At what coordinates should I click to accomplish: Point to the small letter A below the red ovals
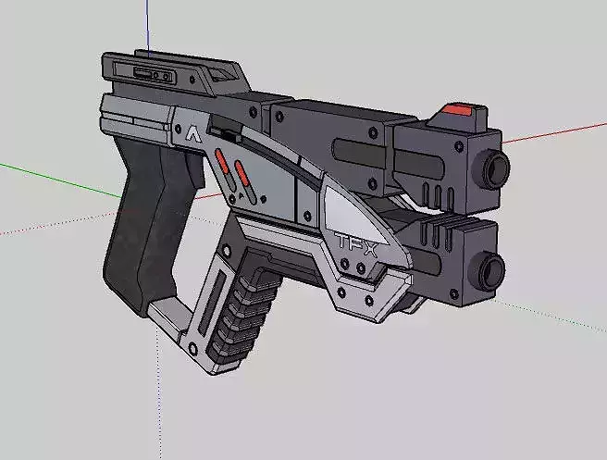[242, 196]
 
